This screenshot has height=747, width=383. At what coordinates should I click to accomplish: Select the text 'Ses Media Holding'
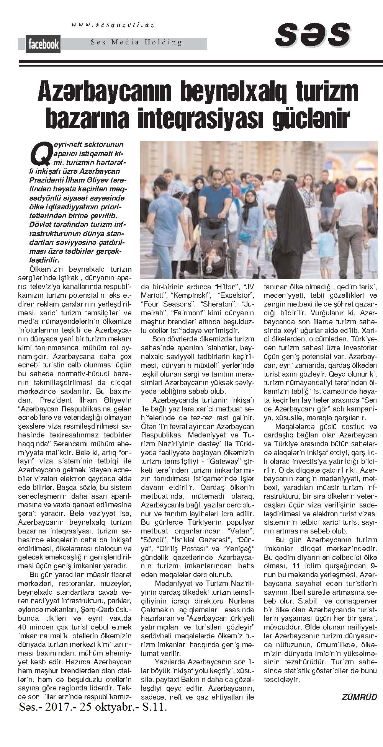[136, 42]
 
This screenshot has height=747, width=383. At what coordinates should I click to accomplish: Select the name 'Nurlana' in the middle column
[241, 600]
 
